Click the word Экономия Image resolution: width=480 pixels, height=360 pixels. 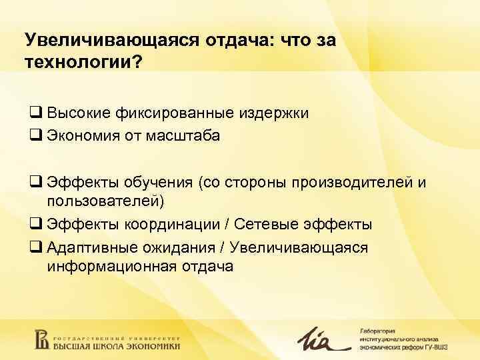79,135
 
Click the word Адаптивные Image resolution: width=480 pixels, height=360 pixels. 87,247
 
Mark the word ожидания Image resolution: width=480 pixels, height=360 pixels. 178,247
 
